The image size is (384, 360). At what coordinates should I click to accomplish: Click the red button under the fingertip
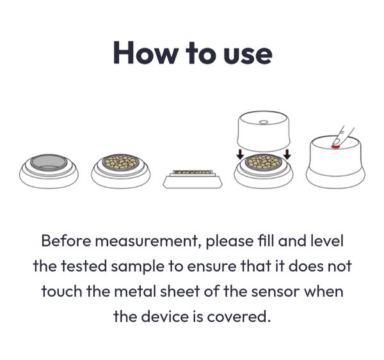click(335, 146)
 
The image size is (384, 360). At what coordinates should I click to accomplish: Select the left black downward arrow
click(241, 154)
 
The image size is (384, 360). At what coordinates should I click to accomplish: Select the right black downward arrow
click(288, 154)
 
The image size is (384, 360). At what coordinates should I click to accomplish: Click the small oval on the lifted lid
click(264, 121)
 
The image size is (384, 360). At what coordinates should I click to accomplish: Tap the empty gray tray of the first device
click(49, 162)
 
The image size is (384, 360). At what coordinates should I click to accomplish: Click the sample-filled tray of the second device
click(120, 162)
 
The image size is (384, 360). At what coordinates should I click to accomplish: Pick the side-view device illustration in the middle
click(193, 179)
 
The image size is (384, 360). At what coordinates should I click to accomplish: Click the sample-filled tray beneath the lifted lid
click(264, 162)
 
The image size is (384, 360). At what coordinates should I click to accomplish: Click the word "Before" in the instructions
click(66, 240)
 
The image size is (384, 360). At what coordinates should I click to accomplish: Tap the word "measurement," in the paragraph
click(148, 241)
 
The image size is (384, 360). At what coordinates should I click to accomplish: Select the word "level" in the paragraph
click(326, 240)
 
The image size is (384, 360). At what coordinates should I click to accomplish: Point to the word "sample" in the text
click(138, 267)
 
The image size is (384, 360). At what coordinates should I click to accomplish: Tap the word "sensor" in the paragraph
click(275, 292)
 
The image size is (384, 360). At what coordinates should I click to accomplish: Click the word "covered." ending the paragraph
click(239, 317)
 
